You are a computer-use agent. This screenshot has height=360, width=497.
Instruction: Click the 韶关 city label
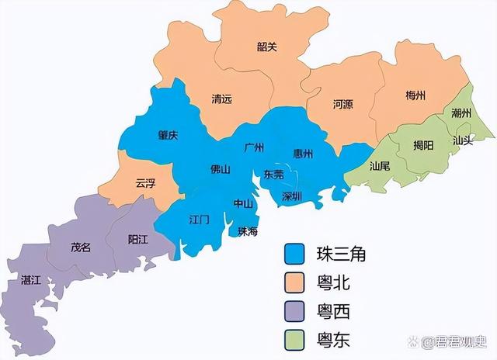pyautogui.click(x=266, y=47)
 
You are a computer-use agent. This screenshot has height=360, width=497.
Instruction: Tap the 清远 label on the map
pyautogui.click(x=222, y=99)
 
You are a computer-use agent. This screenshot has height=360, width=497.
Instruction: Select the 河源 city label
pyautogui.click(x=342, y=103)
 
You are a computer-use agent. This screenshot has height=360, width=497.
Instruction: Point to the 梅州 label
pyautogui.click(x=415, y=95)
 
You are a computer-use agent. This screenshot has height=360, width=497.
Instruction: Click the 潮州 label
pyautogui.click(x=461, y=113)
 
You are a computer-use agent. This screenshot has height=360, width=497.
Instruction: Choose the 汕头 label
pyautogui.click(x=462, y=141)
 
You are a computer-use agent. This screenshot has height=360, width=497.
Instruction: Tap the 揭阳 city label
pyautogui.click(x=423, y=144)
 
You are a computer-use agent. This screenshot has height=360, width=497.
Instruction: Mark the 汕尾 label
pyautogui.click(x=380, y=165)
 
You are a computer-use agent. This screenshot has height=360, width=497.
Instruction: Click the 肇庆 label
pyautogui.click(x=168, y=135)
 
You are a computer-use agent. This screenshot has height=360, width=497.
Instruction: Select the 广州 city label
pyautogui.click(x=254, y=147)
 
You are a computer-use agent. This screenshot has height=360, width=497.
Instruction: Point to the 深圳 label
pyautogui.click(x=292, y=195)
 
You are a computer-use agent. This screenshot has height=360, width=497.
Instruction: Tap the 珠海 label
pyautogui.click(x=248, y=230)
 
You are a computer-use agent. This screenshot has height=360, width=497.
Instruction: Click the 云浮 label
pyautogui.click(x=146, y=184)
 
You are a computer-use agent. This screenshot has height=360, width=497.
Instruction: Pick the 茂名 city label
pyautogui.click(x=81, y=247)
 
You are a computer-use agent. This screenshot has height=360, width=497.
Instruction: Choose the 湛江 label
pyautogui.click(x=32, y=279)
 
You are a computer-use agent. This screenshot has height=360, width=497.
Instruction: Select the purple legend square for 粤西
pyautogui.click(x=294, y=312)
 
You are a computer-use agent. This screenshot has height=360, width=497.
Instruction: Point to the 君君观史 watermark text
pyautogui.click(x=457, y=341)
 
